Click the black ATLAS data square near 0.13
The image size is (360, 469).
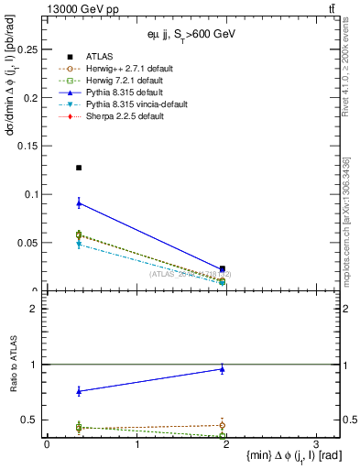coord(79,168)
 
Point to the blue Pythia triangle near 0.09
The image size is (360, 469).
coord(79,202)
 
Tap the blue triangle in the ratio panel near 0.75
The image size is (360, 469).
coord(79,391)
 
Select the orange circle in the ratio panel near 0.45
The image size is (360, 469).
coord(223,425)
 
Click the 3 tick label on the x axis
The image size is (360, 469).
coord(315,444)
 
